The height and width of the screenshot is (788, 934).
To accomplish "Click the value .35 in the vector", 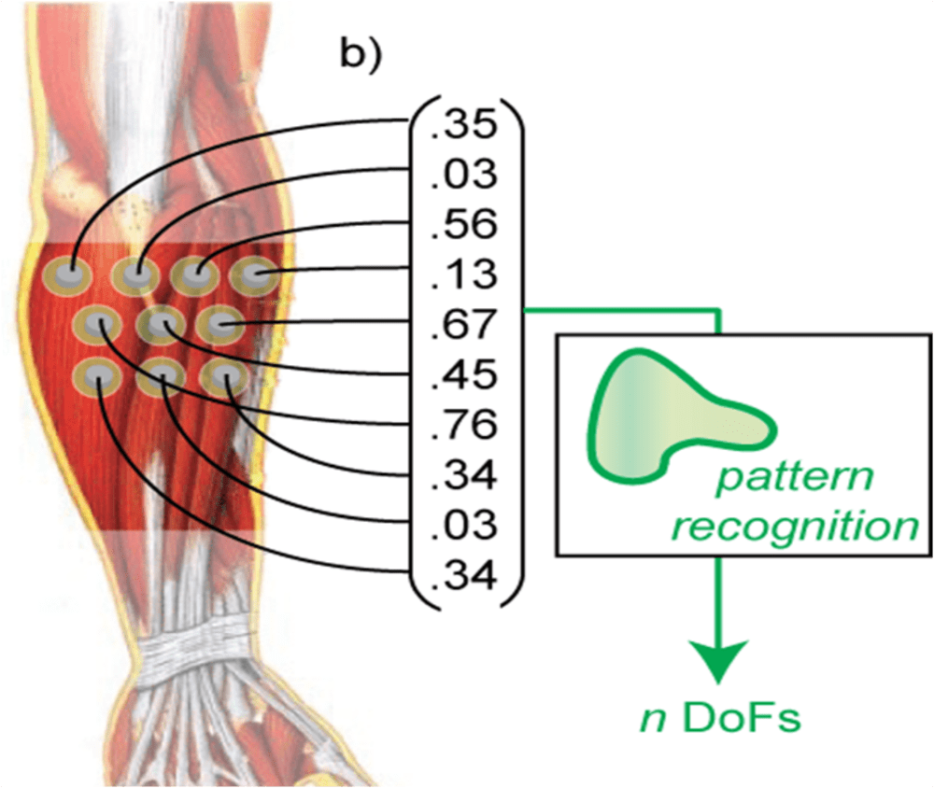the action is coord(463,124).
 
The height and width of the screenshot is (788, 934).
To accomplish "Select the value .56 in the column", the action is coord(463,225).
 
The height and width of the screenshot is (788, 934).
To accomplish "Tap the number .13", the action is coord(463,274).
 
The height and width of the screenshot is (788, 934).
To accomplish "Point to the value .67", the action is coord(463,325).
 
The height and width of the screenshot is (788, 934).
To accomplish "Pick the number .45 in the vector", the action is coord(463,374).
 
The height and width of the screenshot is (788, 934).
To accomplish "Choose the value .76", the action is coord(463,425).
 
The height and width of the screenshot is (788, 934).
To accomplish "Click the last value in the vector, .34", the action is coord(463,576).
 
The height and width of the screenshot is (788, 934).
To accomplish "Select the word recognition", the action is coord(795,527).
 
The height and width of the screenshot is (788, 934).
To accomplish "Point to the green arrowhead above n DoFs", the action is coord(719,661).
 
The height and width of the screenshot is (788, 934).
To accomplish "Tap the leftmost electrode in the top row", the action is coord(66,276).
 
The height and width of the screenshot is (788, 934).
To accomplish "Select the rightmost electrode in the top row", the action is coord(254,276).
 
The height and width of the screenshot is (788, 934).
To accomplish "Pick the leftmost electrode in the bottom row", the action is coord(98,376).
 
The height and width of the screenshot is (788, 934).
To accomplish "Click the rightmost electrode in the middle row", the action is coord(220,325).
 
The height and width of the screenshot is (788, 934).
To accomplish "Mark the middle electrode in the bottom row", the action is coord(161,376).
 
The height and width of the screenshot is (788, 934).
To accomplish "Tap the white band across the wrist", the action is coord(196,649).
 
